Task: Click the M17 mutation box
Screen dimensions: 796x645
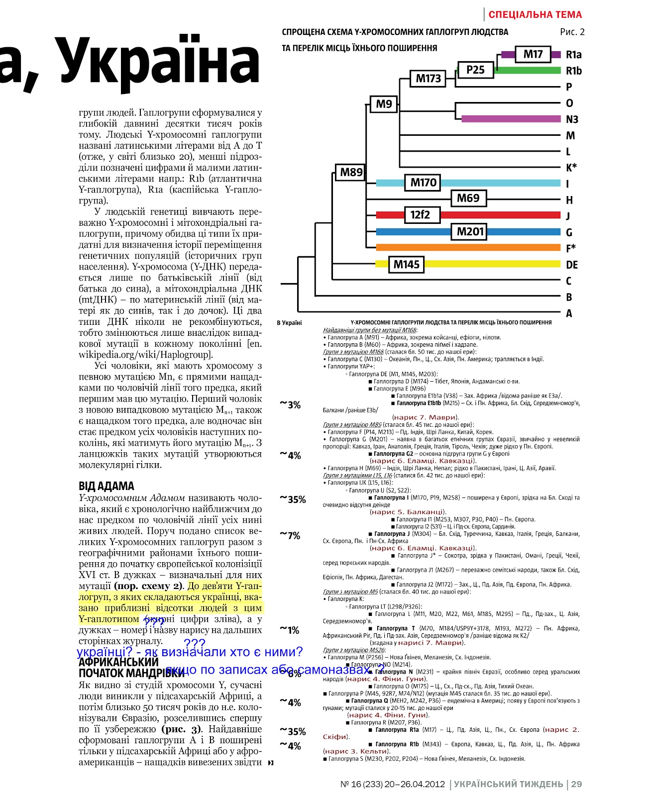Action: tap(533, 54)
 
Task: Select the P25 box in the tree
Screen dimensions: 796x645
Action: tap(475, 70)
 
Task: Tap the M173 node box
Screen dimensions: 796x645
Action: tap(428, 79)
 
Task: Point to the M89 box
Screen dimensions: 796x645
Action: tap(351, 173)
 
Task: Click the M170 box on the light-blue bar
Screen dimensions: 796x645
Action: tap(423, 183)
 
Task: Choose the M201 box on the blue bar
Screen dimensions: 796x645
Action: tap(470, 231)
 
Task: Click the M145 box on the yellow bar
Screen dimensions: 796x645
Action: tap(406, 265)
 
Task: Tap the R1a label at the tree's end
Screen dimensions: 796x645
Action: tap(573, 55)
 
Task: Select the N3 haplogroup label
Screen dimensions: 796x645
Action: tap(572, 119)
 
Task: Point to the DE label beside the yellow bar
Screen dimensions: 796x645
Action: tap(572, 265)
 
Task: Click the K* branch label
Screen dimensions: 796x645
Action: tap(571, 168)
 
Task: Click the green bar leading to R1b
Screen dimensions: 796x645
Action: tap(528, 71)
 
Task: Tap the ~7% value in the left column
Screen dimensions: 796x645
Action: tap(290, 535)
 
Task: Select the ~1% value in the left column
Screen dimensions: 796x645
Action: tap(290, 630)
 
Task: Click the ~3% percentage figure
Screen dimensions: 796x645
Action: tap(291, 405)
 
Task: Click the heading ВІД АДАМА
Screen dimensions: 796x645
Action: tap(106, 486)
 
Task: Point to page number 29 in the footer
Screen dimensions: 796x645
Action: tap(576, 784)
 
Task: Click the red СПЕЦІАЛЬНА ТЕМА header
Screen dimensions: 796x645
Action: tap(535, 14)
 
